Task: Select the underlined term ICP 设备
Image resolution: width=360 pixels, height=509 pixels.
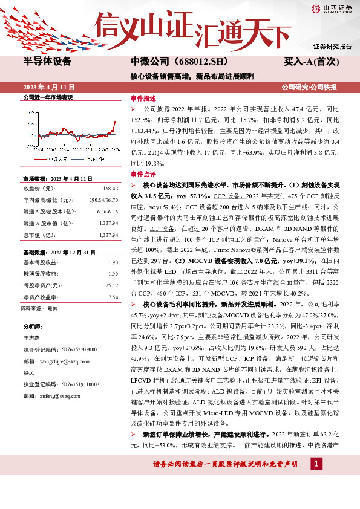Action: [162, 230]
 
